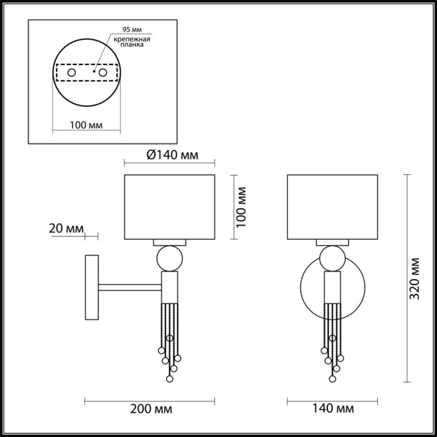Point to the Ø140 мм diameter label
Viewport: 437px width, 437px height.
[171, 155]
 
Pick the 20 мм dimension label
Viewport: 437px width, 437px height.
[66, 229]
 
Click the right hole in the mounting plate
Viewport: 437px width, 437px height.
[103, 71]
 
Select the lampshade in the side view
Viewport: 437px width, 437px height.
[169, 206]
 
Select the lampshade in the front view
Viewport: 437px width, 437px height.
[333, 206]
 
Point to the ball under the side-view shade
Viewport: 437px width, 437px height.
[169, 258]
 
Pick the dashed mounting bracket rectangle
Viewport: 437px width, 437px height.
[85, 71]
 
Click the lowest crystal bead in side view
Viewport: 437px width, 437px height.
[169, 380]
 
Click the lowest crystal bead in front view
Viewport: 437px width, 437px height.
[332, 380]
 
